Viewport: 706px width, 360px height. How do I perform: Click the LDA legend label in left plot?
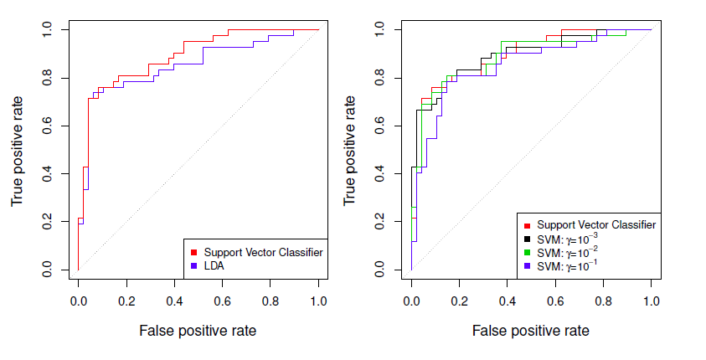pyautogui.click(x=215, y=266)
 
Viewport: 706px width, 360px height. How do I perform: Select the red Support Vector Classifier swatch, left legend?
pyautogui.click(x=194, y=252)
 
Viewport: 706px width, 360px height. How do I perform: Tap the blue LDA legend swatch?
pyautogui.click(x=194, y=266)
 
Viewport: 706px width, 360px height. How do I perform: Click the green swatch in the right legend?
pyautogui.click(x=527, y=251)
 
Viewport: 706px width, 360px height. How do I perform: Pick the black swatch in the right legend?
pyautogui.click(x=527, y=238)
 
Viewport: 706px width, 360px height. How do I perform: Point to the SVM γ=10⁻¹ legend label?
pyautogui.click(x=568, y=265)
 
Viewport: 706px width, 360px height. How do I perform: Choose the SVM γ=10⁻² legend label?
pyautogui.click(x=568, y=251)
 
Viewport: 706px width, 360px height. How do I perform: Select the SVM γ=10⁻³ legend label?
pyautogui.click(x=568, y=238)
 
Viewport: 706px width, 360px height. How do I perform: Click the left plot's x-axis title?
pyautogui.click(x=198, y=331)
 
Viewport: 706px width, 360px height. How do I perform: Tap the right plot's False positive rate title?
pyautogui.click(x=530, y=331)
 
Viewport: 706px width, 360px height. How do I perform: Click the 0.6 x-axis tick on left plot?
pyautogui.click(x=223, y=300)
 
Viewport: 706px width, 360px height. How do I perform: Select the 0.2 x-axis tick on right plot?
pyautogui.click(x=459, y=300)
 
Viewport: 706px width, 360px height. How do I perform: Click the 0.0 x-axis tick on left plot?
pyautogui.click(x=78, y=300)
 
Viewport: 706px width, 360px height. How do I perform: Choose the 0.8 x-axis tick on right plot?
pyautogui.click(x=603, y=300)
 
